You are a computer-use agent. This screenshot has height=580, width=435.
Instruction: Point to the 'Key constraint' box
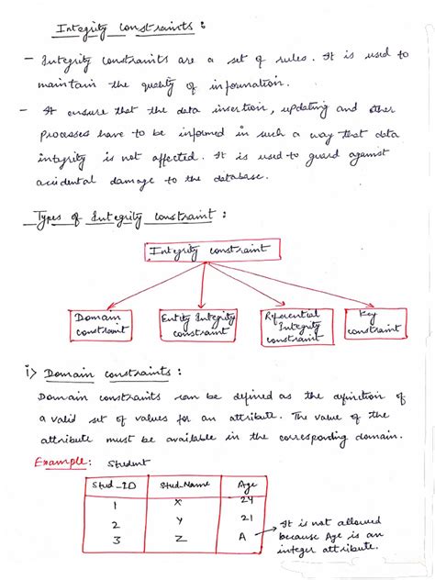pyautogui.click(x=374, y=320)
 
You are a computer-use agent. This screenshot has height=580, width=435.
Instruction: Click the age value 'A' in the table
pyautogui.click(x=240, y=541)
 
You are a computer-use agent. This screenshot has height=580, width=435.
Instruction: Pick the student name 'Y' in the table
pyautogui.click(x=179, y=523)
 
